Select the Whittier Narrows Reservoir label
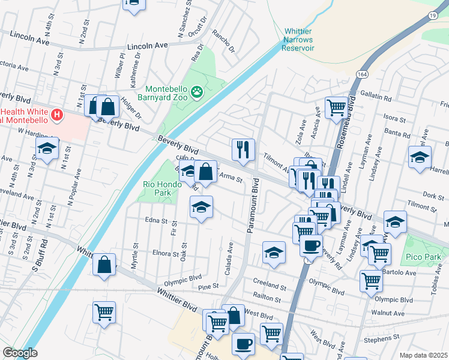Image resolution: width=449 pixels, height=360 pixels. point(298,39)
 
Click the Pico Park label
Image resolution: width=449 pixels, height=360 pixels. point(425,257)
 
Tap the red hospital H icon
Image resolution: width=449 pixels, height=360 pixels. point(56,114)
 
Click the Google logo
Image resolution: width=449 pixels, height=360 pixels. point(20,353)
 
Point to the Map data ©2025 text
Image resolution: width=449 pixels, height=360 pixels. point(423,355)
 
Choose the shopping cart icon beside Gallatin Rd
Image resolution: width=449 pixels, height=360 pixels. point(337,107)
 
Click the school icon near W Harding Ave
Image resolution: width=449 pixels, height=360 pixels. point(47,148)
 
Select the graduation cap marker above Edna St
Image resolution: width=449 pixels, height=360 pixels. point(201,208)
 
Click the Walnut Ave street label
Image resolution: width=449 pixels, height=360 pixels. point(388,313)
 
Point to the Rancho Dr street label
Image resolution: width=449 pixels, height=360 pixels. point(228,42)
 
